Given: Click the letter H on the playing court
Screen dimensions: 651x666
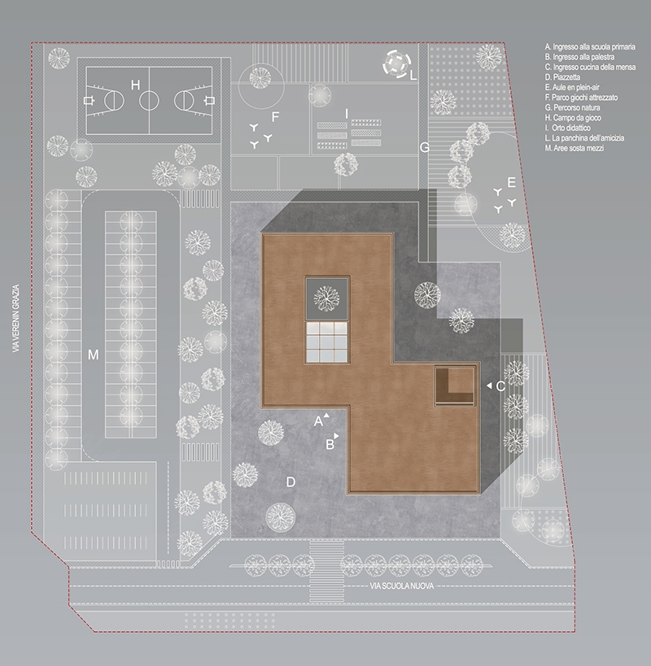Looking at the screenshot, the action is click(135, 85).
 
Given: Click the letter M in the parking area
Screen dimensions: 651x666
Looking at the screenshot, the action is click(93, 355).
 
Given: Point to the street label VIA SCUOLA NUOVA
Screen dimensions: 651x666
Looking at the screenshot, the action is click(402, 586).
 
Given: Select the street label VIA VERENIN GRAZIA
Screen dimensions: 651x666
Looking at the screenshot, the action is click(16, 318).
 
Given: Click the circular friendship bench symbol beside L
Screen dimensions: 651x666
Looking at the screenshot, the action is click(397, 63).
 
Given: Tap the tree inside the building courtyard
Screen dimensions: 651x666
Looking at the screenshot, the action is click(327, 298).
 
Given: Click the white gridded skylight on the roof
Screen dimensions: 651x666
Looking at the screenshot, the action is click(327, 342).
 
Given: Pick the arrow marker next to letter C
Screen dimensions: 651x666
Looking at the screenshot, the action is click(489, 385).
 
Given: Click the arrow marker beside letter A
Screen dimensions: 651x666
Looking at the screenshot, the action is click(326, 416).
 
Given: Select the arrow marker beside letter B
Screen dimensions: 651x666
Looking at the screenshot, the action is click(337, 436).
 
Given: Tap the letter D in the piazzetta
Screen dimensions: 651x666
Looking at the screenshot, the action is click(291, 482).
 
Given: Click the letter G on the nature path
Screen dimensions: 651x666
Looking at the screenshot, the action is click(425, 147).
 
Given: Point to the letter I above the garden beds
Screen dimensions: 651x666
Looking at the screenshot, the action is click(347, 114).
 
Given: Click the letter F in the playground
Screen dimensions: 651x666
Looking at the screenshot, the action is click(275, 117).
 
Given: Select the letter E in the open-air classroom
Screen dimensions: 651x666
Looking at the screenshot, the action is click(511, 183).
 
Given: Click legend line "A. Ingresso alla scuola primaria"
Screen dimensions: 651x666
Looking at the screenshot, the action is click(590, 46).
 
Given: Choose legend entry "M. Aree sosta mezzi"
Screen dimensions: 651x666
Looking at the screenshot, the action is click(574, 148).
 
